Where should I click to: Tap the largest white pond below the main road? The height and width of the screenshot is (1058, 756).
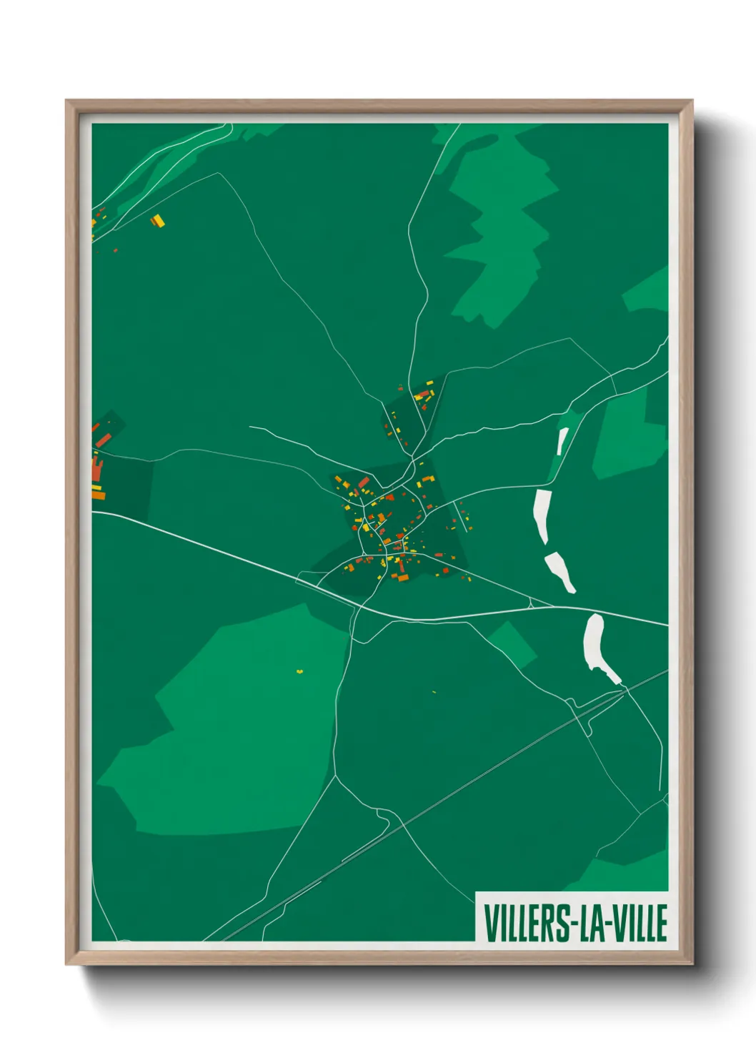[595, 643]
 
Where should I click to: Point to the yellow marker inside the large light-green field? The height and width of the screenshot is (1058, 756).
[300, 671]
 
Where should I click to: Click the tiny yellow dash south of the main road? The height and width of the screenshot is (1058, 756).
[434, 692]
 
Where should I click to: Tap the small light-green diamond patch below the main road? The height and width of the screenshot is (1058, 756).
[512, 643]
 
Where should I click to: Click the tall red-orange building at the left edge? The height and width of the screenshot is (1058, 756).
[96, 470]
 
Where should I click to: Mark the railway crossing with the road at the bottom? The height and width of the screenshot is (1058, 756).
[404, 825]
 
